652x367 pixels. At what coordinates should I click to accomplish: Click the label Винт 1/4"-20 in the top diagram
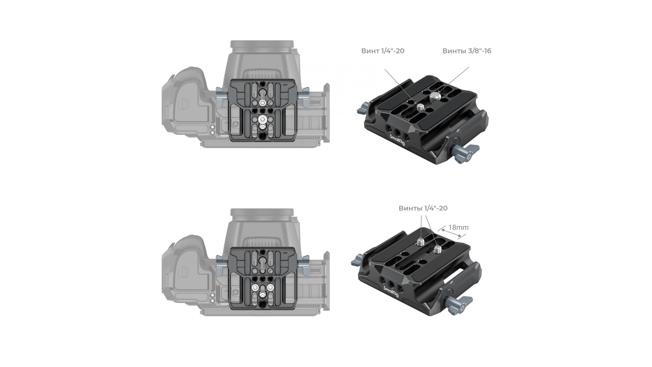383,51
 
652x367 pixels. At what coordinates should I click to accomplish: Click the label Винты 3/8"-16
467,51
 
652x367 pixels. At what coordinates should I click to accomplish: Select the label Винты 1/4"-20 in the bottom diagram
423,208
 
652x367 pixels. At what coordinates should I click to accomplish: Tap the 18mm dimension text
458,227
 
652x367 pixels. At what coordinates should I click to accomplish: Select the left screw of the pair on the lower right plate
420,242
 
